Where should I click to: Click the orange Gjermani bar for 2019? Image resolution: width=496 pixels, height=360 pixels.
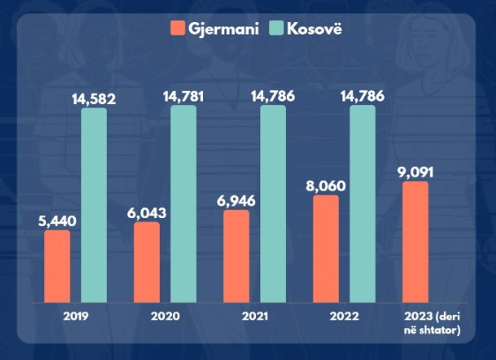point(57,266)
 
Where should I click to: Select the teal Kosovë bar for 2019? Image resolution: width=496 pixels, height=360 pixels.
point(94,205)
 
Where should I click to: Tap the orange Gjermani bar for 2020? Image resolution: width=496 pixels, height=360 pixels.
point(147,262)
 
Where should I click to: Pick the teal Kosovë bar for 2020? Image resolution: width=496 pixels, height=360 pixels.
point(184,204)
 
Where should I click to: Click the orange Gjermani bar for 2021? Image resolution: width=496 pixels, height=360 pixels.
point(237,256)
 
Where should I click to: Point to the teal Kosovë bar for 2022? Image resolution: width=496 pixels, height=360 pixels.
point(363,204)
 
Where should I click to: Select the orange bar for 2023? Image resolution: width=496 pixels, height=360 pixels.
point(416,242)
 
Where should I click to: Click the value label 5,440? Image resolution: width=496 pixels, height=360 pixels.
point(57,221)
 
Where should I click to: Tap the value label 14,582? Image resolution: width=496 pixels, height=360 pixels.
point(94,99)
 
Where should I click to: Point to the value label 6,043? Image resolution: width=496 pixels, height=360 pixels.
point(147,214)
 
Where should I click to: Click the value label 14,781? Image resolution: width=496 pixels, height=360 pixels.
point(184,96)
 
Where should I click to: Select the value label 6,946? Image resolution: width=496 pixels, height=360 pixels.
point(236,201)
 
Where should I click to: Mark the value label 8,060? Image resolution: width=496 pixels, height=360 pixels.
point(326,186)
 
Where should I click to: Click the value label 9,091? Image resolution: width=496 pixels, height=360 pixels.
point(416,173)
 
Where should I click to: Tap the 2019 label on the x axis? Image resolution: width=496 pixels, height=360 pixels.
point(76,317)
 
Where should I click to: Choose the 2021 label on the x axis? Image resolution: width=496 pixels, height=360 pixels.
point(255,317)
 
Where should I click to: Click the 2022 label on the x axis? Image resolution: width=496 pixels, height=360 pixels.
point(344,317)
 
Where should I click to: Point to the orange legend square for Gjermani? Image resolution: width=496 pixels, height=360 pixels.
point(177,28)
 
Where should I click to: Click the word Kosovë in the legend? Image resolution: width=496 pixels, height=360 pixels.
point(314,29)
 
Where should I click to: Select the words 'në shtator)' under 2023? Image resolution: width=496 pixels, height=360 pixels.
point(432,330)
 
